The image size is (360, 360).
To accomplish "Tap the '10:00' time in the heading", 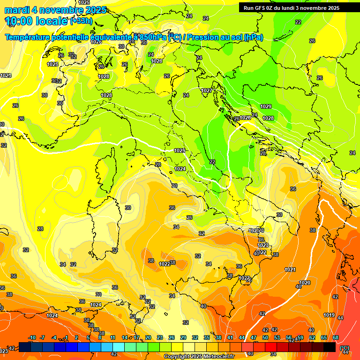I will coord(19,21).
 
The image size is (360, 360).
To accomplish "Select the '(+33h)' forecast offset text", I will coord(81,21).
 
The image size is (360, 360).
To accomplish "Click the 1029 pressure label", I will coord(266,106).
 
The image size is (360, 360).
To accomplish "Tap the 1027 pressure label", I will coord(207,90).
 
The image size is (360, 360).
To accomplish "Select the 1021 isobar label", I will coord(290,270).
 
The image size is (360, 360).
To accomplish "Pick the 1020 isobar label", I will coord(305,283).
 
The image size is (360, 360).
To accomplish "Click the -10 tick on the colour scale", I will coord(32,337).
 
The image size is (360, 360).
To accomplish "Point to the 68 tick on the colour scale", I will coord(336,337).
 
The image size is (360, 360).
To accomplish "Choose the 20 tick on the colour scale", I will coord(148,337).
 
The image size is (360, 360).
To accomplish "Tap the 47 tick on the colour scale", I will coord(254,337).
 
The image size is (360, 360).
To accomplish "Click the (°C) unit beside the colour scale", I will coord(345,347).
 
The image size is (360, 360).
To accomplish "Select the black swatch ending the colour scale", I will coord(330,347).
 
